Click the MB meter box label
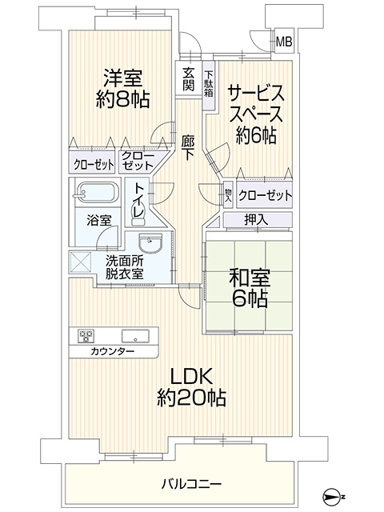pyautogui.click(x=284, y=42)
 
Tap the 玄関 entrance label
pyautogui.click(x=189, y=78)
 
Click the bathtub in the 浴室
pyautogui.click(x=95, y=193)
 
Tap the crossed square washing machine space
pyautogui.click(x=81, y=262)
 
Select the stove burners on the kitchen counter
pyautogui.click(x=86, y=336)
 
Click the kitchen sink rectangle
pyautogui.click(x=135, y=336)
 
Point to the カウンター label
pyautogui.click(x=113, y=352)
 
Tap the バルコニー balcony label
pyautogui.click(x=192, y=483)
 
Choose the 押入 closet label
pyautogui.click(x=256, y=220)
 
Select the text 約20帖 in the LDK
pyautogui.click(x=191, y=398)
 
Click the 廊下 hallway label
pyautogui.click(x=189, y=148)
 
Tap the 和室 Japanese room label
pyautogui.click(x=250, y=278)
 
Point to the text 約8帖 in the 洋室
pyautogui.click(x=122, y=99)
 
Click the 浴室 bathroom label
pyautogui.click(x=99, y=221)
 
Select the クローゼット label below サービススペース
pyautogui.click(x=265, y=195)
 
